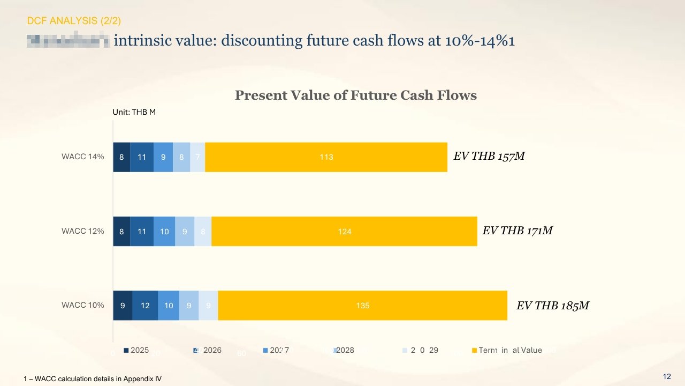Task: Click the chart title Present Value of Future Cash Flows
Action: tap(355, 95)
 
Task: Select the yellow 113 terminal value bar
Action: tap(326, 157)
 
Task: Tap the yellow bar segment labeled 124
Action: tap(344, 232)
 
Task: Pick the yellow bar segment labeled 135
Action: tap(362, 306)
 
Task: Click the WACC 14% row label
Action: tap(82, 157)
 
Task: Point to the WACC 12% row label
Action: tap(82, 232)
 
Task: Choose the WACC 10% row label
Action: tap(82, 306)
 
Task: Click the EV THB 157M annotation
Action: tap(489, 157)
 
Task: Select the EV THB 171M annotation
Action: tap(517, 231)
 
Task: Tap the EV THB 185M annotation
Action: tap(552, 306)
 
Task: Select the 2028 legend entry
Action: tap(343, 350)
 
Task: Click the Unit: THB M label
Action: tap(134, 112)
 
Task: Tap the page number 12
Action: tap(667, 377)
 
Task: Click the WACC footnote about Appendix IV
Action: tap(93, 379)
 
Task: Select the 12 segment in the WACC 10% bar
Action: tap(145, 306)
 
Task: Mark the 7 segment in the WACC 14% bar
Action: tap(197, 157)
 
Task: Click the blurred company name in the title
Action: tap(68, 41)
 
